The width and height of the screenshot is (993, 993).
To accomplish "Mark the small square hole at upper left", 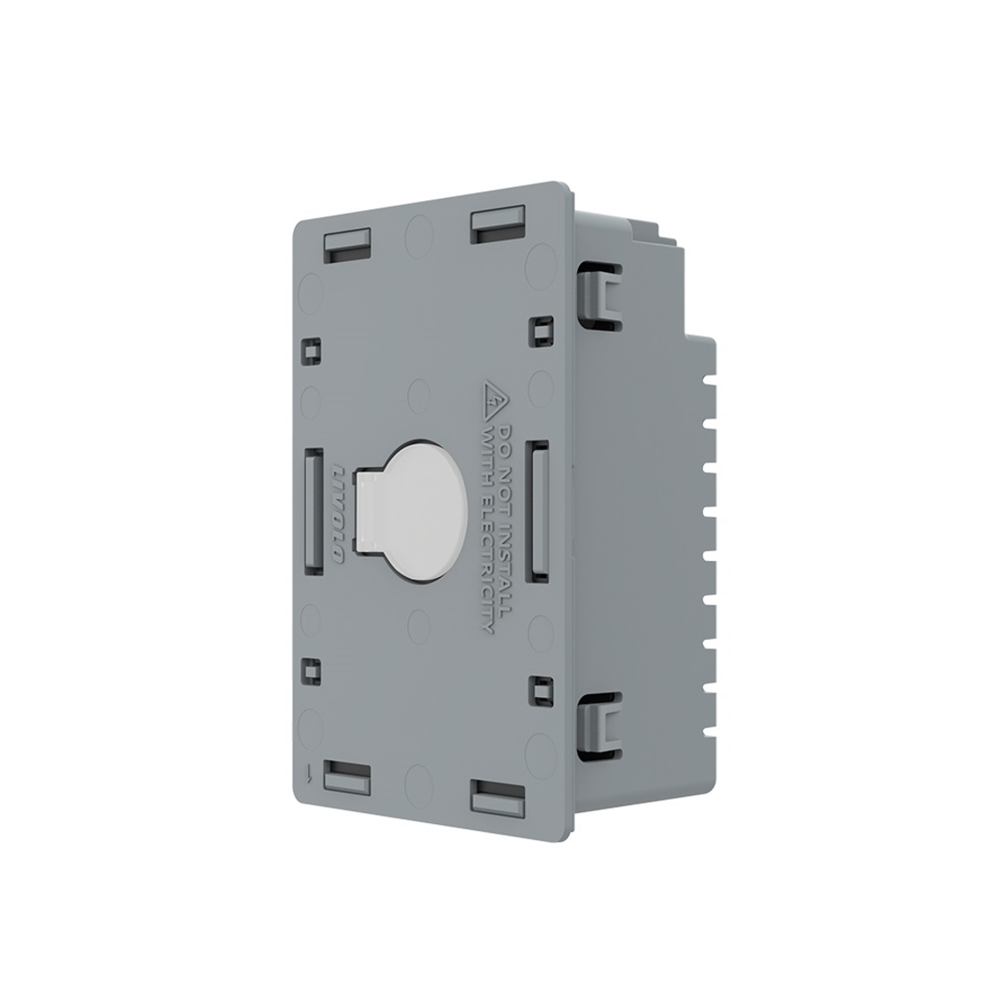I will coord(311,350).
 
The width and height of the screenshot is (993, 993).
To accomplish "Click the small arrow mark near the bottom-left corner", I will coord(309,772).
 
